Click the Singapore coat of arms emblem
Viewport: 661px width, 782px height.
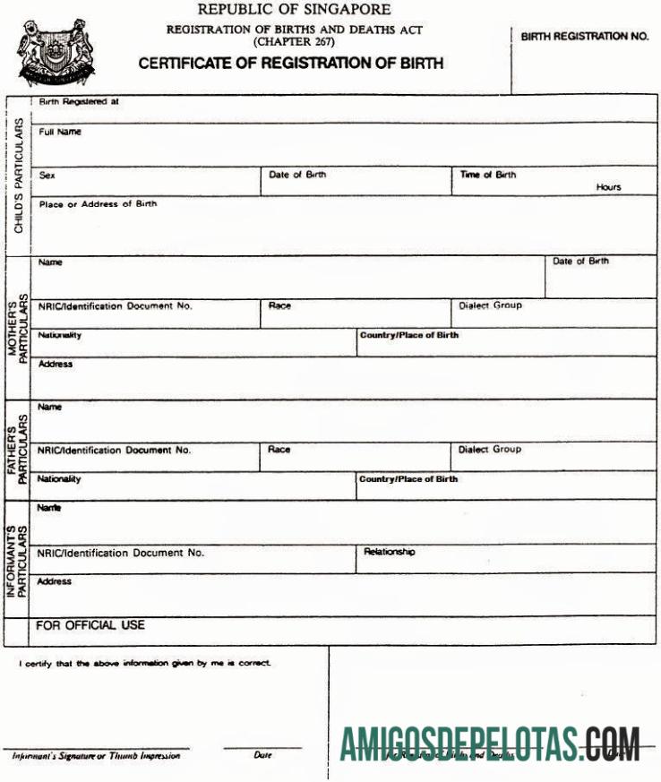click(x=55, y=51)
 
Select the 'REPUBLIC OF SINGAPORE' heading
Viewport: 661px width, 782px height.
click(x=294, y=10)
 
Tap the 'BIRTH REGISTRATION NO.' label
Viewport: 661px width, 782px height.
click(x=583, y=37)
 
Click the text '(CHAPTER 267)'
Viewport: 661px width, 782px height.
click(x=294, y=42)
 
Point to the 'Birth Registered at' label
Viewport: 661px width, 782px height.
click(x=79, y=102)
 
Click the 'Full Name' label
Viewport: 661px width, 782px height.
click(x=60, y=132)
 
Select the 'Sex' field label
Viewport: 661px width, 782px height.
click(x=47, y=176)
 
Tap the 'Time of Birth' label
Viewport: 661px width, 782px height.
click(x=488, y=175)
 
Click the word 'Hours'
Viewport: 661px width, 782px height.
click(x=608, y=187)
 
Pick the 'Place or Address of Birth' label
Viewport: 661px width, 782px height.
click(x=98, y=204)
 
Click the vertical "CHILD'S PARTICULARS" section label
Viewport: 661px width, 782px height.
click(x=19, y=176)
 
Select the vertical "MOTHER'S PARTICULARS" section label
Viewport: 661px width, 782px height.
click(x=18, y=327)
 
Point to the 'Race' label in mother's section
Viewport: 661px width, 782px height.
click(x=279, y=305)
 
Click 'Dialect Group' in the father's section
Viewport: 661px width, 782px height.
click(x=489, y=450)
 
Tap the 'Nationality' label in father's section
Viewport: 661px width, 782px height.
click(x=59, y=479)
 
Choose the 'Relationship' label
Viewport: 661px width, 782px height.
click(x=389, y=552)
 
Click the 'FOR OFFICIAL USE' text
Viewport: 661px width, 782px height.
click(x=90, y=624)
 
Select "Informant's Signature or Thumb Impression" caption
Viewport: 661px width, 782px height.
click(x=96, y=755)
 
